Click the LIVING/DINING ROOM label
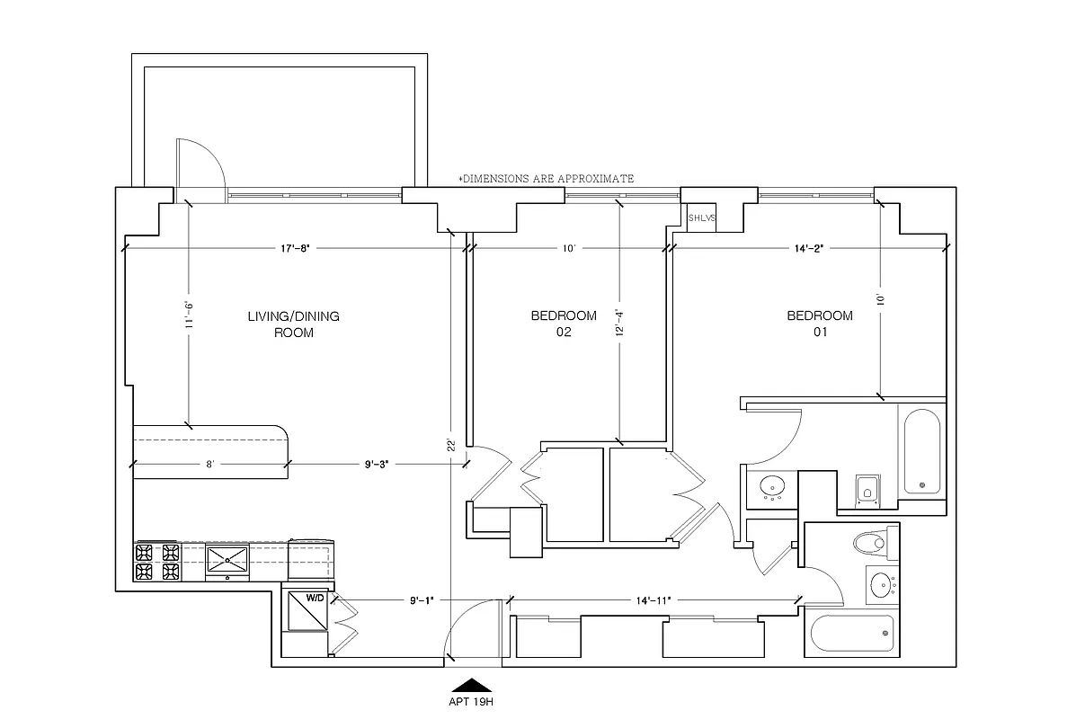(x=293, y=324)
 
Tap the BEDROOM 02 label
(x=564, y=324)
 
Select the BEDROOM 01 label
(x=819, y=324)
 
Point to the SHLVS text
(x=701, y=218)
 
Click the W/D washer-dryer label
(x=315, y=597)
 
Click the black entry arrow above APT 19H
(x=471, y=684)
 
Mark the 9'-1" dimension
(x=422, y=599)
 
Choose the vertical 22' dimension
(x=451, y=443)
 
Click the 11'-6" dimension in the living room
(x=188, y=314)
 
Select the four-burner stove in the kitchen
(x=157, y=562)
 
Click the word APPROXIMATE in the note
(x=595, y=179)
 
